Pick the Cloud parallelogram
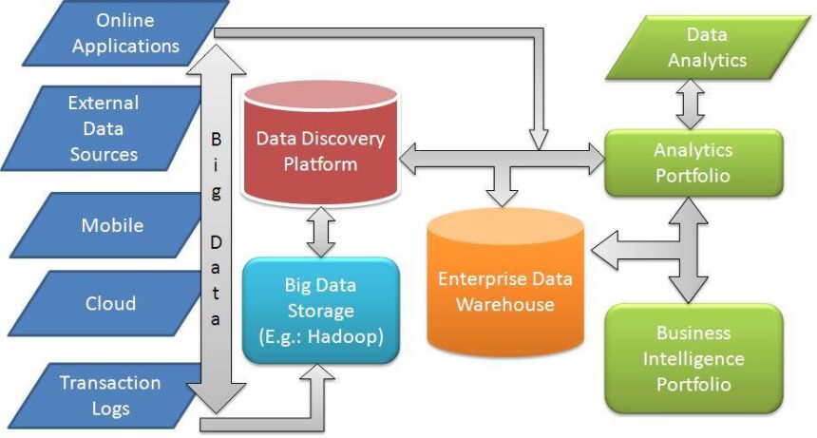(x=109, y=304)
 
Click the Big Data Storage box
(x=319, y=310)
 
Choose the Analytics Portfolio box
(x=693, y=162)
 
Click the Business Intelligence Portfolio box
(x=693, y=358)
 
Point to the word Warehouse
(x=504, y=304)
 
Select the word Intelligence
(x=693, y=359)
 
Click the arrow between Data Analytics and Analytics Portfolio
(x=690, y=104)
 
